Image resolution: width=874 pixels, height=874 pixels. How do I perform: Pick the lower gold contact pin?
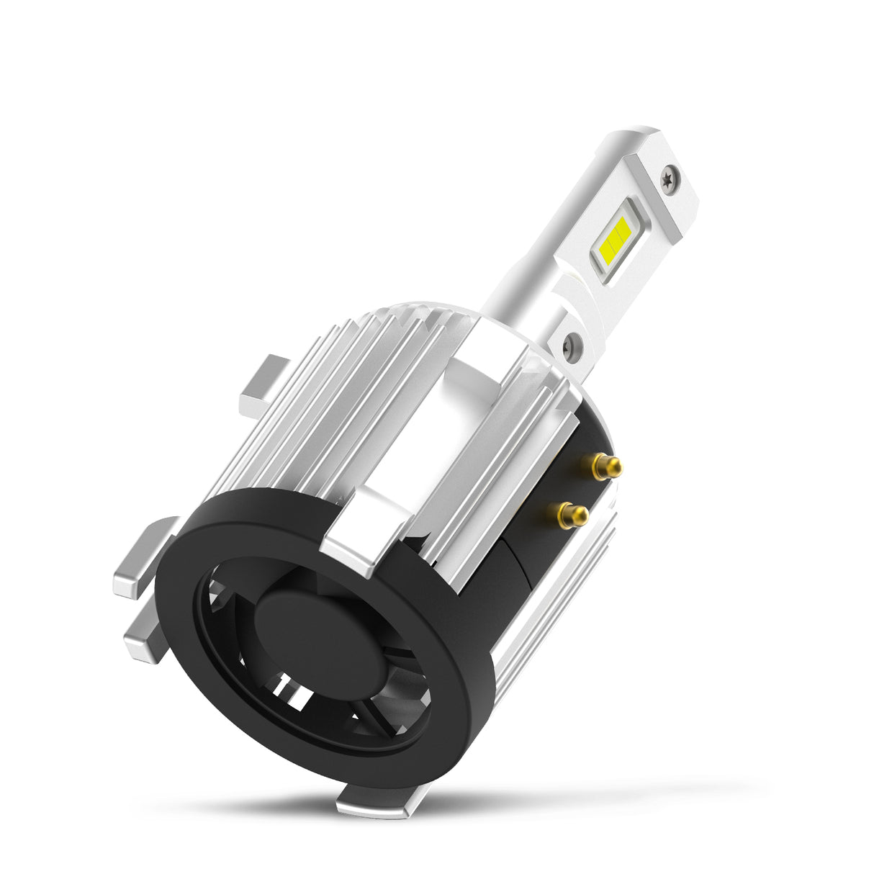(x=574, y=514)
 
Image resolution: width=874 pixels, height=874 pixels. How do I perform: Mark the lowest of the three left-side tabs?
(x=144, y=637)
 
